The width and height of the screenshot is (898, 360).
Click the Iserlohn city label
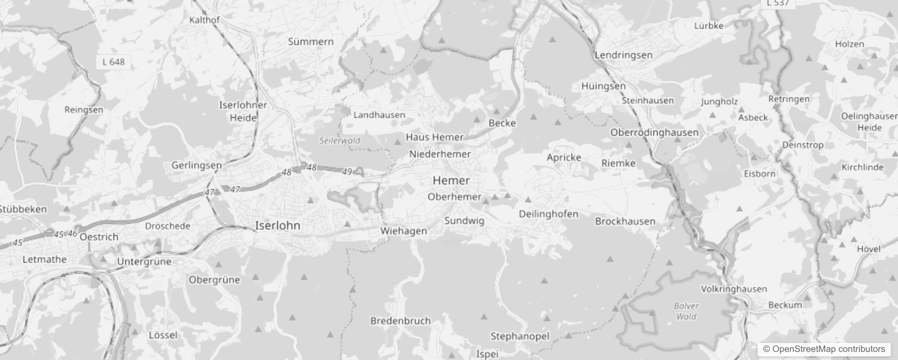pos(277,225)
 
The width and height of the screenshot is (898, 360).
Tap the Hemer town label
pos(451,180)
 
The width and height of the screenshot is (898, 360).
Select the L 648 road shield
pos(113,62)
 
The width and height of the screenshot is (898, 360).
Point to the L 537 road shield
pos(778,3)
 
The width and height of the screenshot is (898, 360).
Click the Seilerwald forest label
pos(340,140)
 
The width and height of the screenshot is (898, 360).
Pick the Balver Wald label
pos(686,311)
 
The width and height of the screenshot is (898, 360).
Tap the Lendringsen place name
pos(623,55)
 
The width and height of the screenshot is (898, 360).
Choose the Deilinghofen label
pos(548,214)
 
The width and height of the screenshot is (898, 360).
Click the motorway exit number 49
pos(346,171)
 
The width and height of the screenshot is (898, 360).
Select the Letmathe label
pos(45,259)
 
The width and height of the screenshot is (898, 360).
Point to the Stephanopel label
pos(520,336)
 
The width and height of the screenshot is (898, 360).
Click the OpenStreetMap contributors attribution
pos(823,349)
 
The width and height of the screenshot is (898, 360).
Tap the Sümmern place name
pos(310,42)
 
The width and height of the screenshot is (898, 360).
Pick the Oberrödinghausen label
pos(654,132)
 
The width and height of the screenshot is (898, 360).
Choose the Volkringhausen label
pos(733,289)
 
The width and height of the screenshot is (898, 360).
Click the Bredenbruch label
pos(400,321)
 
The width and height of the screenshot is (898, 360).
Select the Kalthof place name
pos(204,20)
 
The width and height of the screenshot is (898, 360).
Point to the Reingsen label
pos(84,110)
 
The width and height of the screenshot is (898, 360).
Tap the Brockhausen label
pos(625,221)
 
